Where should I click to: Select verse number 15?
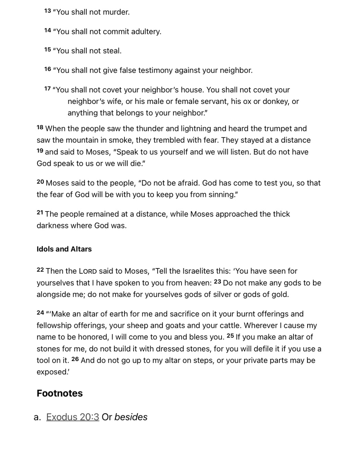tap(47, 50)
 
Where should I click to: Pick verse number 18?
tap(40, 128)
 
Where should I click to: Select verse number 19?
tap(40, 151)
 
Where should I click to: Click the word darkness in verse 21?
tap(52, 226)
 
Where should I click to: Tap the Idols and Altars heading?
tap(64, 249)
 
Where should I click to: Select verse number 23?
tap(217, 282)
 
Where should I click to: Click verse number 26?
tap(75, 359)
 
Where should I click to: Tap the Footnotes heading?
tap(60, 393)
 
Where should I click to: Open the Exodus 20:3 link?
tap(73, 417)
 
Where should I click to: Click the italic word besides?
tap(131, 417)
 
